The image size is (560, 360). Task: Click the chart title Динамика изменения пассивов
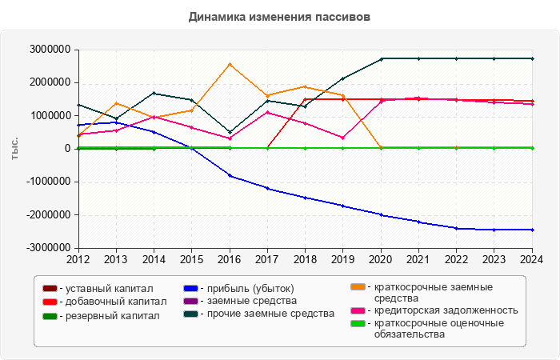tap(280, 16)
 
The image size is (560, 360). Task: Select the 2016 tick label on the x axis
tap(230, 259)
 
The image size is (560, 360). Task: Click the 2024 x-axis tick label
tap(532, 259)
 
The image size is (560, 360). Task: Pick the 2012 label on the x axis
tap(78, 259)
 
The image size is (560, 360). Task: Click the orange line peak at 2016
tap(230, 64)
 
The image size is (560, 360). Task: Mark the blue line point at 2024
tap(532, 230)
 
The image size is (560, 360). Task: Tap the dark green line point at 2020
tap(381, 58)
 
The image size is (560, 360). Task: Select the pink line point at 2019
tap(343, 138)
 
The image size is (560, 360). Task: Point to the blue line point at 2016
tap(230, 176)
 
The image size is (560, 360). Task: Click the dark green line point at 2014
tap(154, 93)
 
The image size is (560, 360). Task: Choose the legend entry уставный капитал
tap(103, 288)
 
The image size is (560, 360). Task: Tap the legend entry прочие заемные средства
tap(265, 314)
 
